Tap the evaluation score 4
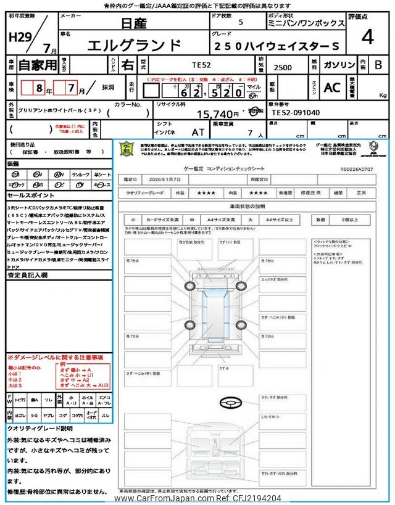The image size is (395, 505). tap(368, 38)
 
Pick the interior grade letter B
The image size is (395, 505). tap(378, 65)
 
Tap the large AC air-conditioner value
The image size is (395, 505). tap(332, 88)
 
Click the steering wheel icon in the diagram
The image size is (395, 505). tap(229, 401)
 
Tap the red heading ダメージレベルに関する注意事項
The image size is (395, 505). tap(55, 357)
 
